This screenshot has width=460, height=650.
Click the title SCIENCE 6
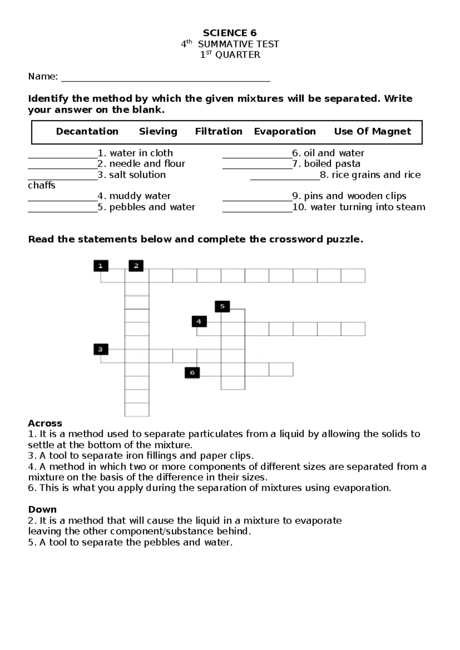pyautogui.click(x=230, y=33)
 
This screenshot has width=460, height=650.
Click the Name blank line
pyautogui.click(x=166, y=80)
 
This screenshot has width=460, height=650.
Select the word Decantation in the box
pyautogui.click(x=87, y=131)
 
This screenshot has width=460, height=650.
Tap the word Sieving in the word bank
pyautogui.click(x=158, y=131)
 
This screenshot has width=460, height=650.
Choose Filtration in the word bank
pyautogui.click(x=219, y=131)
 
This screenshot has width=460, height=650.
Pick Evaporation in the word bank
pyautogui.click(x=285, y=131)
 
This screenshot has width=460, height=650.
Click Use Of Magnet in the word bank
pyautogui.click(x=372, y=131)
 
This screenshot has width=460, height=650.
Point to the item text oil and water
pyautogui.click(x=333, y=153)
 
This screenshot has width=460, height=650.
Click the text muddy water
pyautogui.click(x=140, y=196)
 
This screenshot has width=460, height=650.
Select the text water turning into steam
pyautogui.click(x=368, y=207)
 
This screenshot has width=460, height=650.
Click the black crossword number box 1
pyautogui.click(x=101, y=266)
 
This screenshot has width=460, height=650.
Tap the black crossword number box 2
pyautogui.click(x=136, y=266)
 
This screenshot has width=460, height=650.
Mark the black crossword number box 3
pyautogui.click(x=101, y=349)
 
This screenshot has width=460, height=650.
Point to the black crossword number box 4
pyautogui.click(x=199, y=322)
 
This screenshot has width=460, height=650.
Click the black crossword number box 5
pyautogui.click(x=222, y=306)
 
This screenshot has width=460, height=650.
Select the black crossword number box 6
pyautogui.click(x=192, y=373)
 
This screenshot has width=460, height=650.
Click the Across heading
pyautogui.click(x=45, y=423)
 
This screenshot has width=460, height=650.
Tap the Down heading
pyautogui.click(x=42, y=509)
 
